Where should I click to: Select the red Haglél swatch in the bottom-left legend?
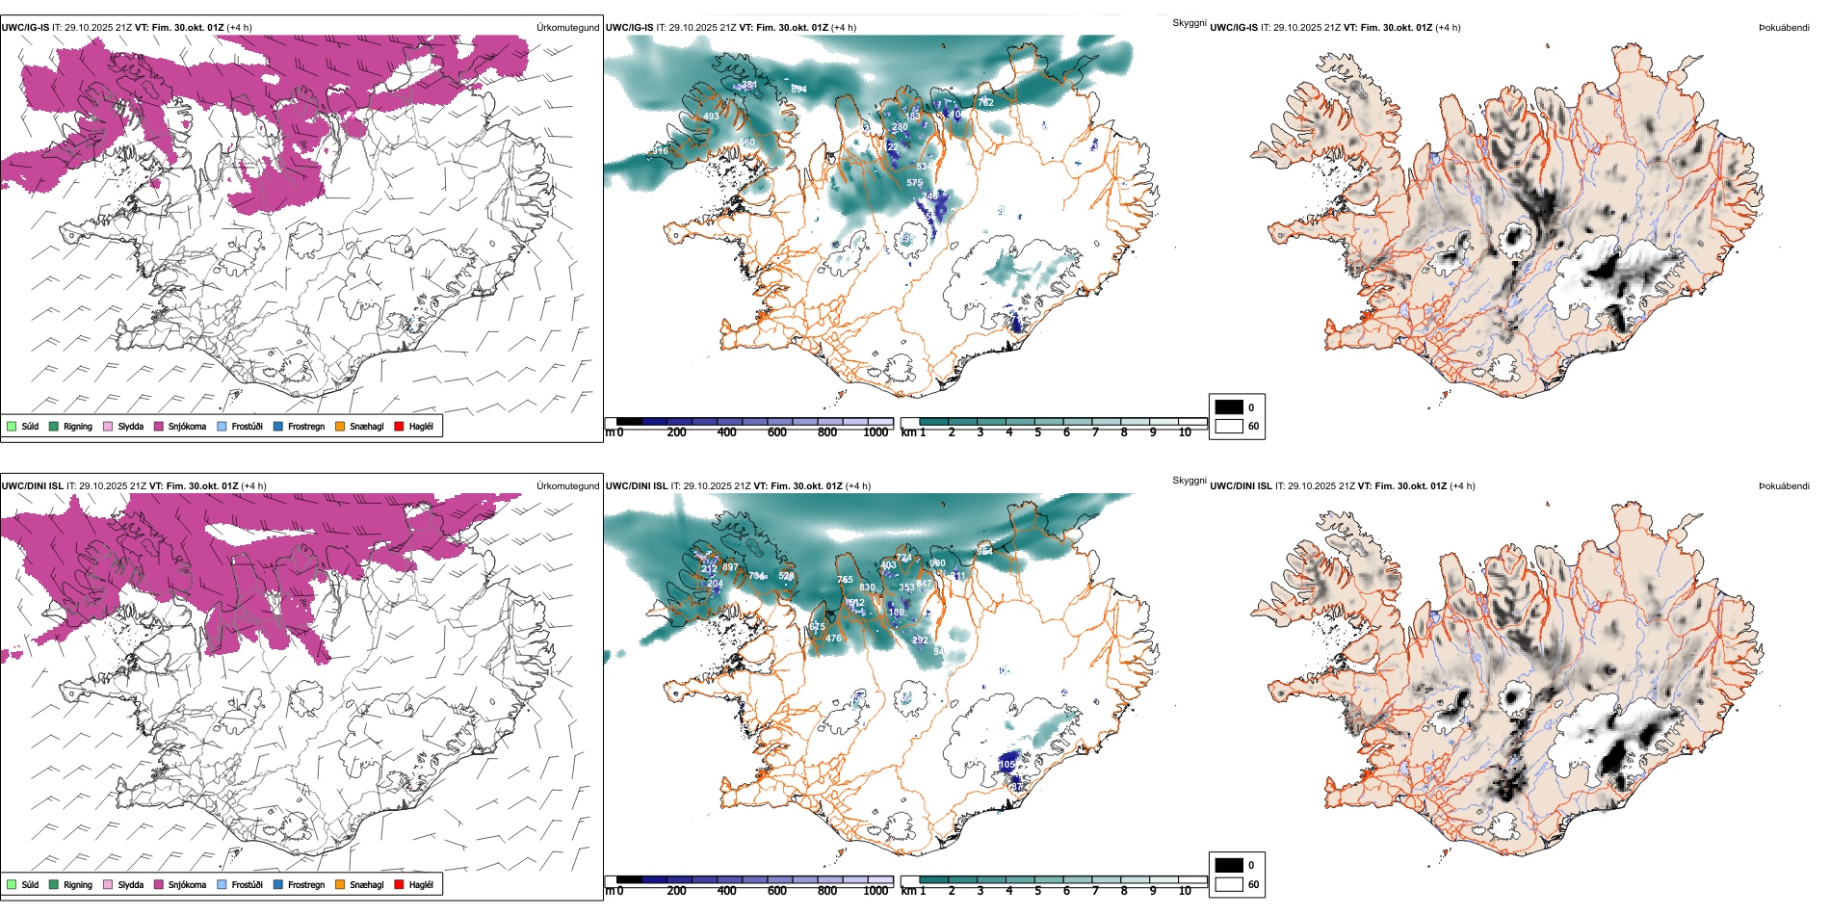[x=399, y=884]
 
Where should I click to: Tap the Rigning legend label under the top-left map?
[x=78, y=426]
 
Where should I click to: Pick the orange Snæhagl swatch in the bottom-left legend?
[x=340, y=884]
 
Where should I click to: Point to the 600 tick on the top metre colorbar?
[x=776, y=432]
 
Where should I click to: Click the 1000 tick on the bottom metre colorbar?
[x=876, y=891]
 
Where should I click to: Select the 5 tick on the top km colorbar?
[x=1037, y=432]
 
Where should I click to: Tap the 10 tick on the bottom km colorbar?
[x=1185, y=891]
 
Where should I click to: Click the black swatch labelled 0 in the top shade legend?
[x=1229, y=406]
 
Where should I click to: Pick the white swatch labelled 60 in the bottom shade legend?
[x=1229, y=884]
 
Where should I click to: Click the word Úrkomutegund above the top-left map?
[x=567, y=27]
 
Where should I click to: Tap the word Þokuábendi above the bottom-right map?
[x=1784, y=485]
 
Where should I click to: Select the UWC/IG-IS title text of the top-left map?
[x=25, y=27]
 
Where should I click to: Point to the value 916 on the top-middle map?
[x=660, y=151]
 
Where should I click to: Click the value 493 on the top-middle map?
[x=711, y=117]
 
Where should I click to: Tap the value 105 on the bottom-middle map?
[x=1006, y=764]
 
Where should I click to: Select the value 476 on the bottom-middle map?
[x=833, y=638]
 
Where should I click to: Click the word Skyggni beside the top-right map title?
[x=1189, y=22]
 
